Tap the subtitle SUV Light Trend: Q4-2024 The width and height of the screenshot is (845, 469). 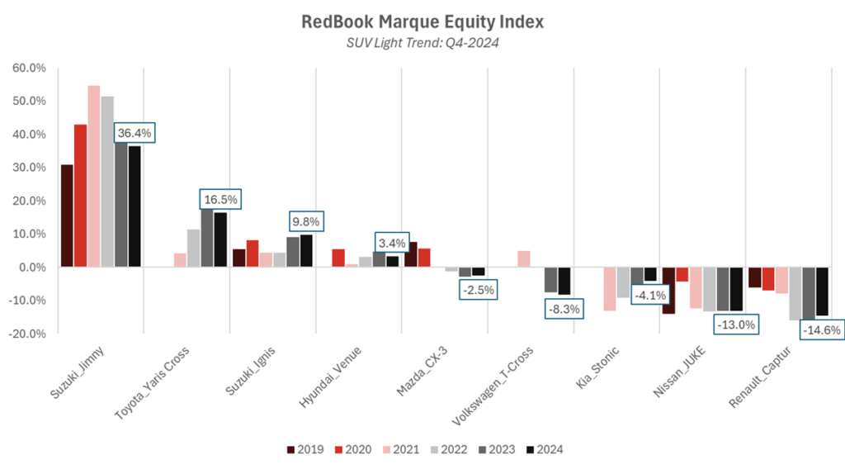click(x=422, y=43)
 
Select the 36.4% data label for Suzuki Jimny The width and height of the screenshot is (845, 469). click(x=135, y=132)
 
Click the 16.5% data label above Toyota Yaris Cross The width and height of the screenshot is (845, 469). click(x=220, y=199)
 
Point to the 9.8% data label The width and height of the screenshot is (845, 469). click(x=306, y=221)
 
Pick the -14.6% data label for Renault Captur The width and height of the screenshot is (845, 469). click(x=821, y=329)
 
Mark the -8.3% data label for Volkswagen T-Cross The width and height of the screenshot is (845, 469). click(x=564, y=309)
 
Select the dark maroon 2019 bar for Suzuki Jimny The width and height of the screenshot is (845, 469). click(x=67, y=216)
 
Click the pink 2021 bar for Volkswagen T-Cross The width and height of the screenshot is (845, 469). click(x=523, y=258)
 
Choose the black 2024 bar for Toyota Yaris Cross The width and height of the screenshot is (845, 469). click(x=220, y=239)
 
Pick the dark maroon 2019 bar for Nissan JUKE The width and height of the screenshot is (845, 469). click(x=668, y=290)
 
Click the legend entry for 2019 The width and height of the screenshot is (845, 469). click(x=306, y=449)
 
